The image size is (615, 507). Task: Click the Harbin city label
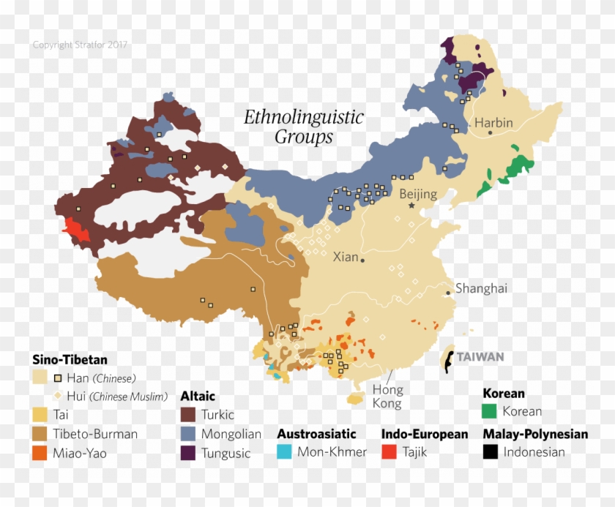[x=493, y=122]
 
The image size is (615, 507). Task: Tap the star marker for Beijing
[x=411, y=206]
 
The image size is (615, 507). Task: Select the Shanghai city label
[x=481, y=288]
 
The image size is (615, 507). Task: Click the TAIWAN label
[x=480, y=357]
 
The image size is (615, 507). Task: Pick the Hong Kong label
[x=387, y=396]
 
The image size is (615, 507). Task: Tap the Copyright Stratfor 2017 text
[x=81, y=45]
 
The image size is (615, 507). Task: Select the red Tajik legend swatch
[x=390, y=452]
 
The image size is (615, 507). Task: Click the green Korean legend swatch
[x=491, y=411]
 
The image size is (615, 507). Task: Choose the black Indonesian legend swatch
[x=491, y=452]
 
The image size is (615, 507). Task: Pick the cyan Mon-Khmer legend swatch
[x=286, y=452]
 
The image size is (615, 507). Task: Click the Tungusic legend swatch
[x=189, y=453]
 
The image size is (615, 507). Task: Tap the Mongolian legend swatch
[x=189, y=434]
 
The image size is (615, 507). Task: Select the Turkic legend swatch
[x=189, y=415]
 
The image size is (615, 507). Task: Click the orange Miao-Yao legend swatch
[x=41, y=453]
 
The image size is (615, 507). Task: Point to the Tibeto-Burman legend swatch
[x=41, y=434]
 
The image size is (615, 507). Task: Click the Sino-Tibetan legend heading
[x=70, y=359]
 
